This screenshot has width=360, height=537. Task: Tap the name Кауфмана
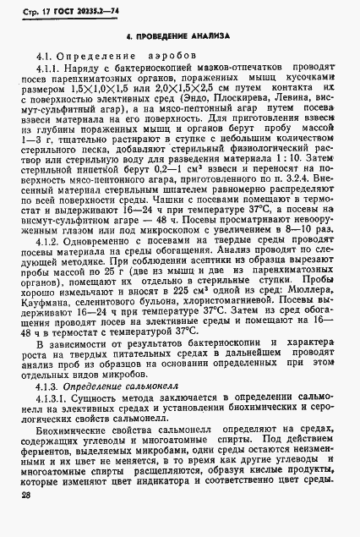coord(50,322)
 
